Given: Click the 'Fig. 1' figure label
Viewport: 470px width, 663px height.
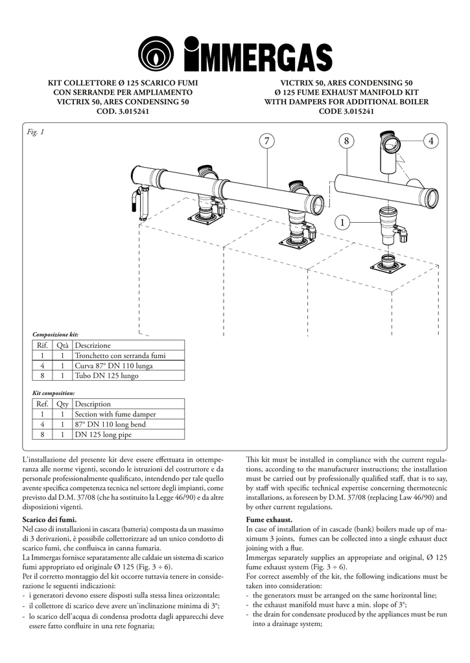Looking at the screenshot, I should (x=36, y=132).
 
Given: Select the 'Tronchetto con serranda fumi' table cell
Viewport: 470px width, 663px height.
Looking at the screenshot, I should (x=120, y=355).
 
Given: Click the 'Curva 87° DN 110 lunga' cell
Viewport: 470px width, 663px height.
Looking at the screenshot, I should (x=114, y=365).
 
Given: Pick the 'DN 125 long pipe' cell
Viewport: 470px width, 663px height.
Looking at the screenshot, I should (x=103, y=435).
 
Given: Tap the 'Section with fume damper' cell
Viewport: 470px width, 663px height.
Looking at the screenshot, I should (x=115, y=414).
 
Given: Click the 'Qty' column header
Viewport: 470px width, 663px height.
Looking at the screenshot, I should (x=62, y=404).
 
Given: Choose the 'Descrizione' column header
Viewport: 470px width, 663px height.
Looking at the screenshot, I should (x=93, y=346).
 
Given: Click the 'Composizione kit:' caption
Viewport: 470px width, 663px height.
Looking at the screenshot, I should (x=55, y=334).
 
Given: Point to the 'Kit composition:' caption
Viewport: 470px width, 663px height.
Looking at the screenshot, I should (x=53, y=392).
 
